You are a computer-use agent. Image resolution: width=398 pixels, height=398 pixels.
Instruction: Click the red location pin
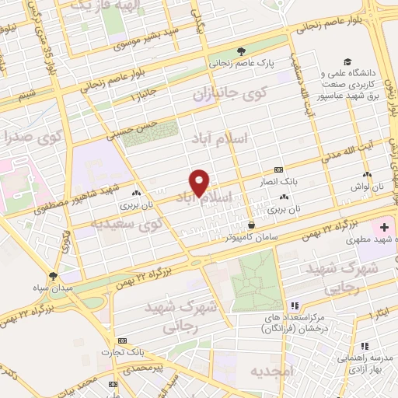pyautogui.click(x=201, y=183)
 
